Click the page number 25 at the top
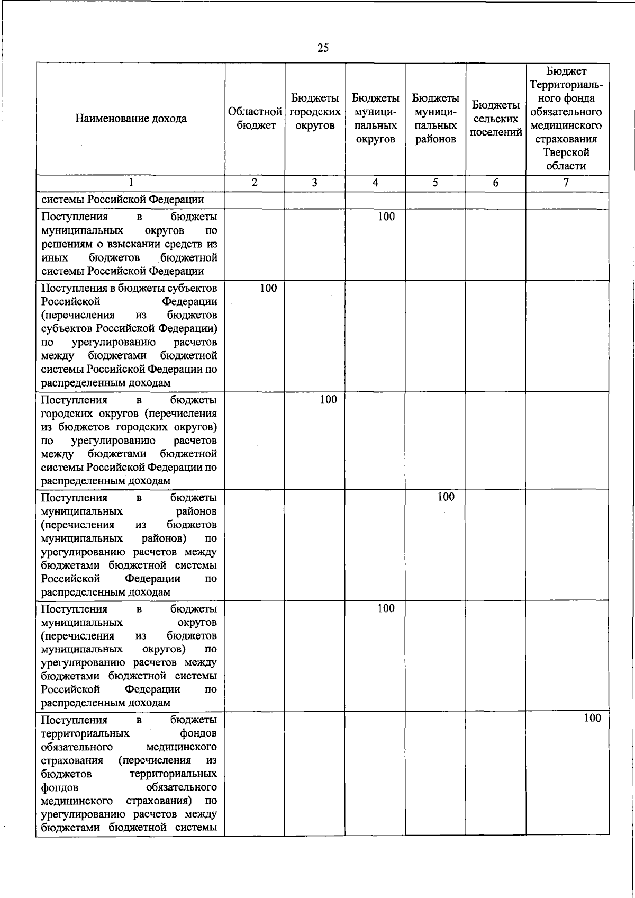tap(323, 48)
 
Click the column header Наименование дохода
tap(131, 119)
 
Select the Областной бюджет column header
tap(255, 119)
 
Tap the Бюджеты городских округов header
tap(315, 112)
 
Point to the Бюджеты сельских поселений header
tap(496, 119)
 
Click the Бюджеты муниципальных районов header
tap(436, 119)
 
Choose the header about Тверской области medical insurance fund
tap(566, 119)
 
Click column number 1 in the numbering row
tap(131, 183)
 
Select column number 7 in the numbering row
tap(566, 183)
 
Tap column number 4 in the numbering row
tap(375, 183)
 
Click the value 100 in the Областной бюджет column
tap(268, 288)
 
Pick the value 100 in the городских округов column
tap(328, 400)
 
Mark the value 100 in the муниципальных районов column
tap(446, 497)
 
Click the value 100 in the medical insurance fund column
tap(592, 718)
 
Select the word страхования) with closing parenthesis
tap(159, 801)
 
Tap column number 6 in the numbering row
tap(495, 183)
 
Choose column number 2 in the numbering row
tap(255, 183)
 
